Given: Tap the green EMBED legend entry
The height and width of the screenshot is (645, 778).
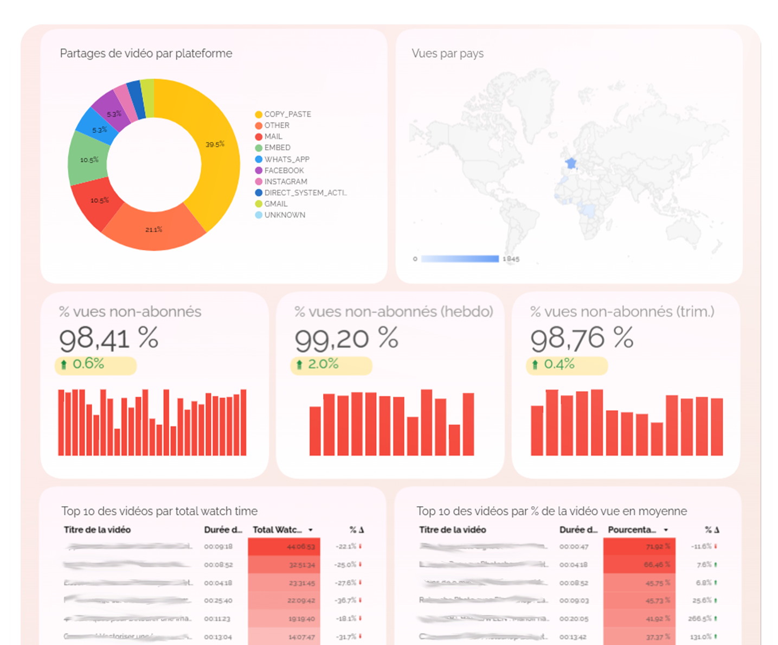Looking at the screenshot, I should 277,148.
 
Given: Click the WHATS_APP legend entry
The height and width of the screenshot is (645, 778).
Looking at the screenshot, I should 286,159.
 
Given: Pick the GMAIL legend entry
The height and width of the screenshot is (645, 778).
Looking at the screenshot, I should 275,204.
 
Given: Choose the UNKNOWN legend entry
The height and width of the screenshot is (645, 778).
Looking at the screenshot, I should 284,215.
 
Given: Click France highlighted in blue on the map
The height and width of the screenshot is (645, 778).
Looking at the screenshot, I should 571,163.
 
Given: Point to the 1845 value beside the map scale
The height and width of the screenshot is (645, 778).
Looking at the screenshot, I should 511,259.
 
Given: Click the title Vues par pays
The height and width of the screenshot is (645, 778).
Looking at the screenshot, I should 447,53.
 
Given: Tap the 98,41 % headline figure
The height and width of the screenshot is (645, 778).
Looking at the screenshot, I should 108,339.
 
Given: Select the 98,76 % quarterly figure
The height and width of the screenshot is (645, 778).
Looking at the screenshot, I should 582,339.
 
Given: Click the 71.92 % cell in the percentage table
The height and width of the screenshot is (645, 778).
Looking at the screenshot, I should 657,547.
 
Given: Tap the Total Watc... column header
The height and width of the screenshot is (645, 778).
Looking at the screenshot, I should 278,529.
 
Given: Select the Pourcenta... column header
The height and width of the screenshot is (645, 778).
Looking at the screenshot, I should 632,529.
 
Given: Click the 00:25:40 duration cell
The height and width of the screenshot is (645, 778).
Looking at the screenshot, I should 218,601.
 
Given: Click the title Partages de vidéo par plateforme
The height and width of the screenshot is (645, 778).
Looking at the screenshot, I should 146,53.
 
